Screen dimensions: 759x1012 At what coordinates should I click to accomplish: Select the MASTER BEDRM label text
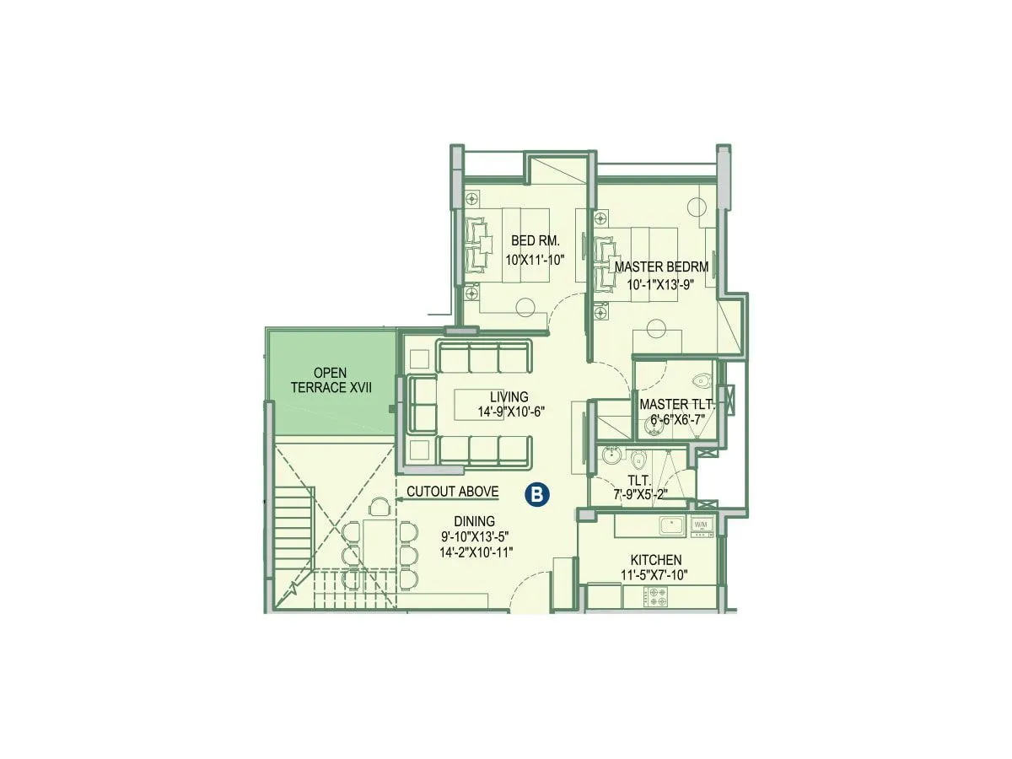tap(661, 266)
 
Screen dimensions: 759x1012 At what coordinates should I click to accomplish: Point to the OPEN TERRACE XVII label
tap(331, 379)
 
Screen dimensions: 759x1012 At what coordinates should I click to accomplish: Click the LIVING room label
tap(509, 396)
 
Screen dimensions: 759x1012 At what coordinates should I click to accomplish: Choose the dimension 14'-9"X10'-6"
tap(512, 412)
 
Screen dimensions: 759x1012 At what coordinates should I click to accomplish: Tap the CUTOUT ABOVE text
tap(452, 492)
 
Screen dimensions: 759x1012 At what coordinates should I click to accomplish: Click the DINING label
tap(473, 521)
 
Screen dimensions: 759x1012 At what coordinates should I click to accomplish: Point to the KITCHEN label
tap(656, 560)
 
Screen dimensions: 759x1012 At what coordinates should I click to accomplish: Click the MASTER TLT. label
tap(677, 405)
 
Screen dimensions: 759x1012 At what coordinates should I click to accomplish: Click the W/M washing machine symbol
tap(702, 525)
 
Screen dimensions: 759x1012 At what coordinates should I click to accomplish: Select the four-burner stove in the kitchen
tap(657, 598)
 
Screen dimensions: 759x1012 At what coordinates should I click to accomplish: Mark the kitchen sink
tap(673, 526)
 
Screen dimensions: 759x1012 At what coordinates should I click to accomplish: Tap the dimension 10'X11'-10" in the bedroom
tap(535, 261)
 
